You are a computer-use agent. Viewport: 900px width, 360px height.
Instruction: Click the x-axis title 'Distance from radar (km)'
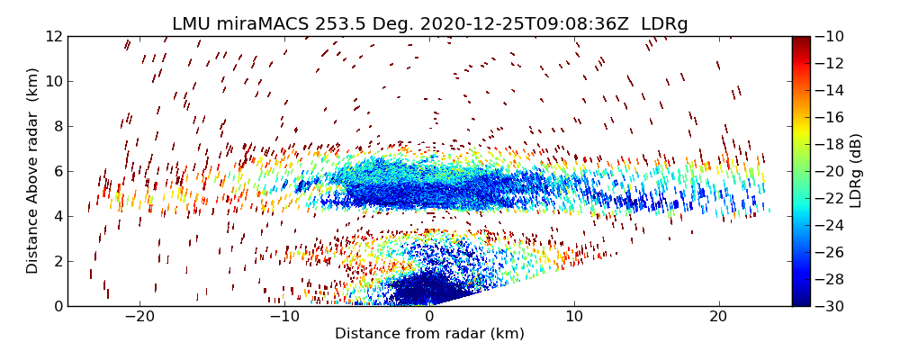(429, 334)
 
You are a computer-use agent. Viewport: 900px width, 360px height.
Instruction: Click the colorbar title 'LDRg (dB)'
(856, 171)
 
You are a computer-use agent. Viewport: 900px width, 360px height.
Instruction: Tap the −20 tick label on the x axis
(139, 317)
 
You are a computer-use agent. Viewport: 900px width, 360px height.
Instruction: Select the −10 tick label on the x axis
(284, 317)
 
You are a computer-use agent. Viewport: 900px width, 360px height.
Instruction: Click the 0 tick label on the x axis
(429, 317)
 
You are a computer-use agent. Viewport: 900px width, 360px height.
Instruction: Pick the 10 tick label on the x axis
(574, 317)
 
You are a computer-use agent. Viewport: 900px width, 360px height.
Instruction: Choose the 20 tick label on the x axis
(718, 317)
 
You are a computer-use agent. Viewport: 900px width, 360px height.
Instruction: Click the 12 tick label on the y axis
(53, 36)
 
